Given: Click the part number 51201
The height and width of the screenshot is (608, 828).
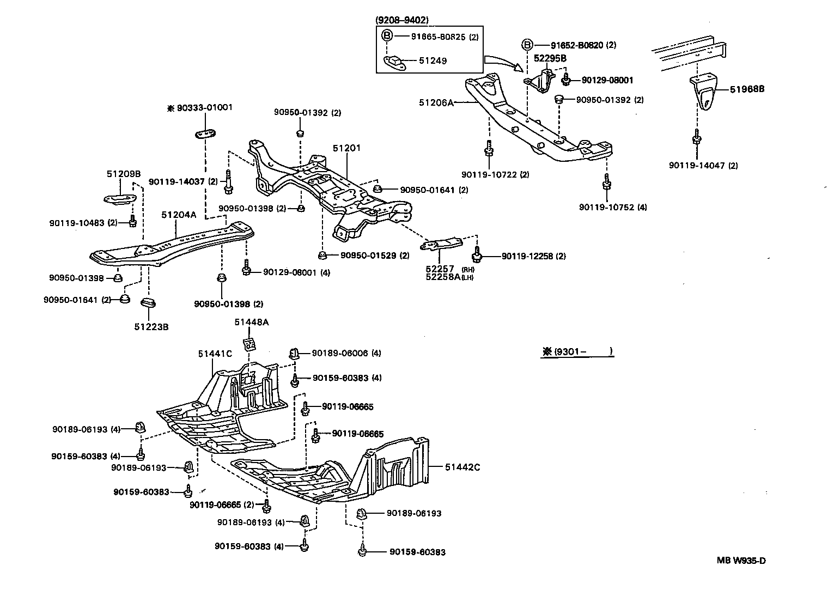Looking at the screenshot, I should tap(347, 148).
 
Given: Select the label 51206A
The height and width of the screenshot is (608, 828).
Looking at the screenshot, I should tap(436, 102).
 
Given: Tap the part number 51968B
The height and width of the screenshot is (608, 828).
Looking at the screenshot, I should tap(747, 89).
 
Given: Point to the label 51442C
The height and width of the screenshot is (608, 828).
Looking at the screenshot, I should tap(462, 467).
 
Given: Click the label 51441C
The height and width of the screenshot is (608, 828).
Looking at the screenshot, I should tap(215, 354).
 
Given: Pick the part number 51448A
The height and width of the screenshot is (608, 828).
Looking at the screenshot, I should tap(252, 322).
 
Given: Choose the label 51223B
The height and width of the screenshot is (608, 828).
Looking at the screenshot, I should tap(151, 327).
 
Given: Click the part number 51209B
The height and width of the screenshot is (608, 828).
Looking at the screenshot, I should tap(123, 174).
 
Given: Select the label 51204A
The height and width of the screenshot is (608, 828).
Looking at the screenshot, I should tap(178, 215).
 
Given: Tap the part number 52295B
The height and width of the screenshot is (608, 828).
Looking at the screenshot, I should tap(550, 58).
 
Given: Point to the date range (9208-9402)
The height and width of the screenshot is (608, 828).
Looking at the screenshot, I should tap(402, 20).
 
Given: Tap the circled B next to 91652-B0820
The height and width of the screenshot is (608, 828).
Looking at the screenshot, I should tap(527, 45).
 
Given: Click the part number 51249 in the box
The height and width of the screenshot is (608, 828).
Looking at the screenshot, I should tap(433, 61).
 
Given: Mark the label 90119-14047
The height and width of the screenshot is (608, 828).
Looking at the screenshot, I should tap(703, 166).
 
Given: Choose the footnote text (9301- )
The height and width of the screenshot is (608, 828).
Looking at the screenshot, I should tap(578, 352).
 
